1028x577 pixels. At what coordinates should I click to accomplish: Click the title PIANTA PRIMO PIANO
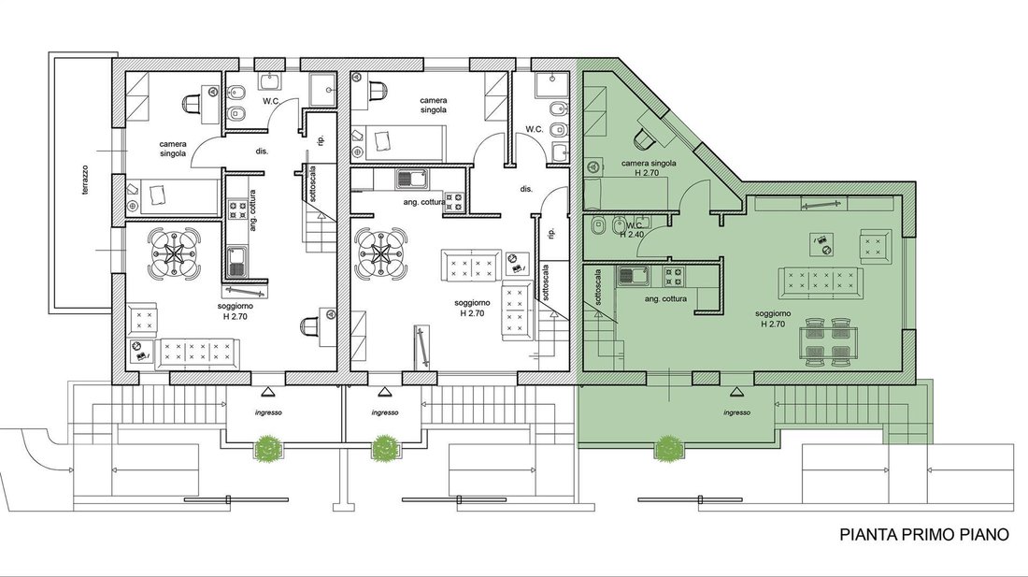pos(924,534)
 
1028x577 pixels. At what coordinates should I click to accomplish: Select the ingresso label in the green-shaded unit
pos(737,412)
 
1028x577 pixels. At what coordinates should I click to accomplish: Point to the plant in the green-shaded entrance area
pos(667,449)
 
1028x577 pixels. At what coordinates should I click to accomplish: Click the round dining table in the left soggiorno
pos(175,252)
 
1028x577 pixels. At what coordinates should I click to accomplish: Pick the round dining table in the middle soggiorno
pos(380,253)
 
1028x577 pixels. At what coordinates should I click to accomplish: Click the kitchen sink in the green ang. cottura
pos(633,276)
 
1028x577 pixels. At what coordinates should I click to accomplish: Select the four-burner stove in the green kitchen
pos(673,277)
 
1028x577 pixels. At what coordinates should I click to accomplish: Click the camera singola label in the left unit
pos(173,149)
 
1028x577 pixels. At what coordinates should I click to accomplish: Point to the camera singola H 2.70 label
pos(648,167)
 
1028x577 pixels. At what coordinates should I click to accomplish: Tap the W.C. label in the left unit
pos(272,101)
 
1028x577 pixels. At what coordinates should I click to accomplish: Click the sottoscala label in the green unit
pos(598,289)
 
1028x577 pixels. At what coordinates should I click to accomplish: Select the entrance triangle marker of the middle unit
pos(384,392)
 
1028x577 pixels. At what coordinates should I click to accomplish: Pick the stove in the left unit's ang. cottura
pos(236,209)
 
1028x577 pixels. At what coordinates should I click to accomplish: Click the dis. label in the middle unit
pos(526,189)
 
